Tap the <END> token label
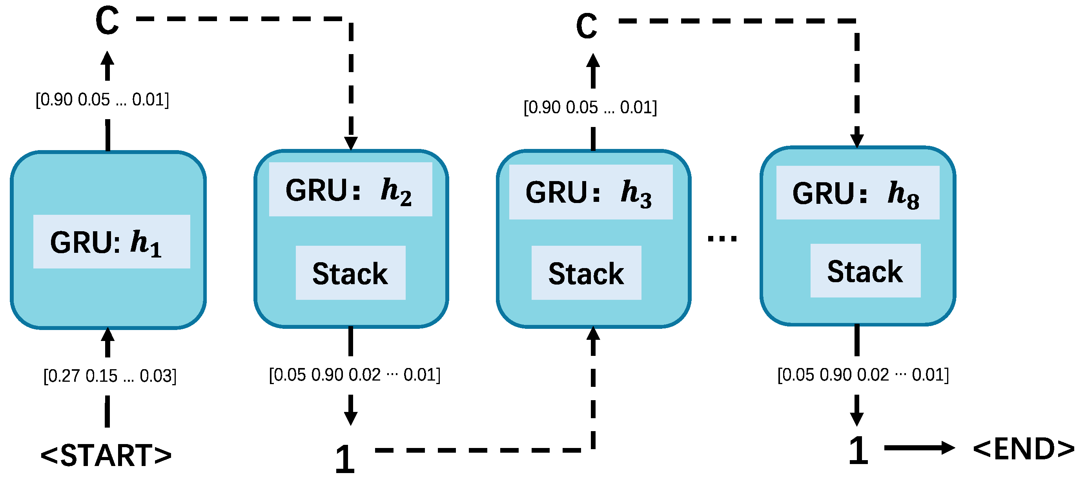tap(1023, 449)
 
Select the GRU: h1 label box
tap(112, 242)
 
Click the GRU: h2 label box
tap(350, 190)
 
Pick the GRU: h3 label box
tap(590, 192)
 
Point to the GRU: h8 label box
tap(858, 193)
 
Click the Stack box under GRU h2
tap(350, 273)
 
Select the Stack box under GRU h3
tap(586, 273)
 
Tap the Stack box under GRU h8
tap(865, 271)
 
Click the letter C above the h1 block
tap(107, 21)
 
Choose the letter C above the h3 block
tap(587, 26)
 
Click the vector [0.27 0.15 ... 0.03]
tap(109, 375)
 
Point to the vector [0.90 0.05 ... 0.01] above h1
tap(102, 100)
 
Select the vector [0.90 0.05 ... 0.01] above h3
tap(590, 107)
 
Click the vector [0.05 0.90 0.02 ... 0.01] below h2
tap(355, 374)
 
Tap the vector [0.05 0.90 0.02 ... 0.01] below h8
tap(862, 374)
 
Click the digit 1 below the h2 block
tap(345, 459)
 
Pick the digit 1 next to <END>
tap(858, 451)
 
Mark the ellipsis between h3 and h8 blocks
tap(722, 239)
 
